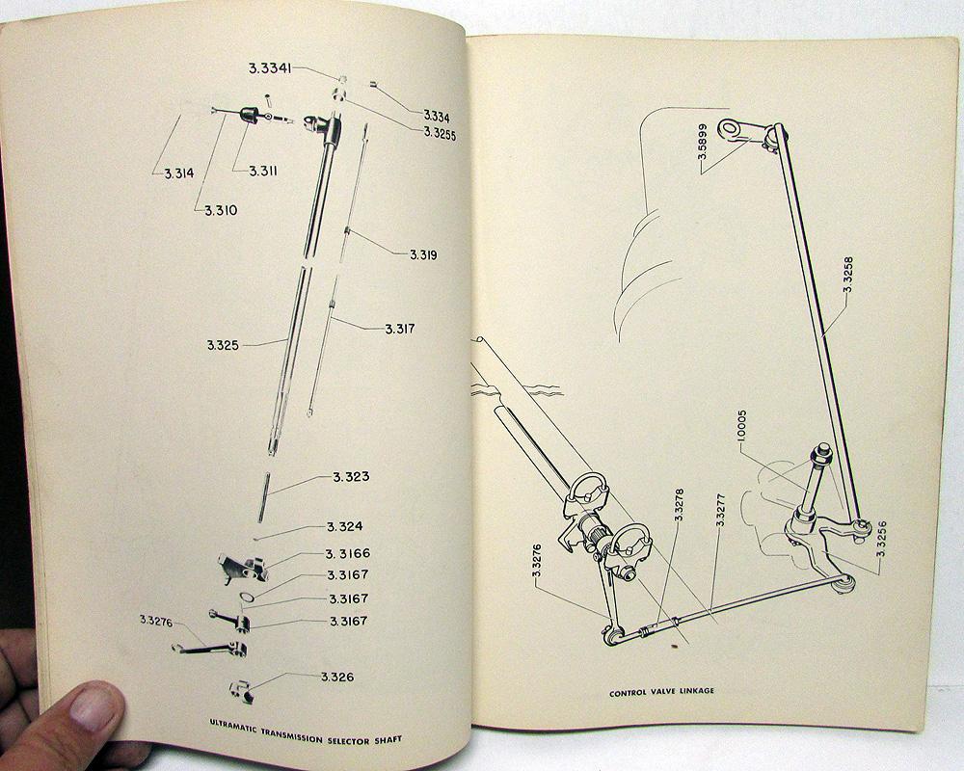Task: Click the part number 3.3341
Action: pyautogui.click(x=270, y=68)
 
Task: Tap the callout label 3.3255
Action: pyautogui.click(x=441, y=134)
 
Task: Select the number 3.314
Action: pyautogui.click(x=179, y=173)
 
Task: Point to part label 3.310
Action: pyautogui.click(x=221, y=210)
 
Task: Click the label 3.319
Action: pyautogui.click(x=423, y=254)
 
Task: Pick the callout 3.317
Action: pyautogui.click(x=400, y=329)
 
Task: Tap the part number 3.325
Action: pyautogui.click(x=223, y=346)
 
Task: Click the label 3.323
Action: pyautogui.click(x=351, y=476)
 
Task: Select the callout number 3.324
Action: pyautogui.click(x=344, y=526)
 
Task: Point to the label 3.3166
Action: pyautogui.click(x=348, y=553)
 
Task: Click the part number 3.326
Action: pyautogui.click(x=336, y=677)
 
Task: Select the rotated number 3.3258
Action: pyautogui.click(x=847, y=275)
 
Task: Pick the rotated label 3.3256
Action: pyautogui.click(x=881, y=539)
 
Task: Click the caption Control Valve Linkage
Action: pyautogui.click(x=661, y=692)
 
